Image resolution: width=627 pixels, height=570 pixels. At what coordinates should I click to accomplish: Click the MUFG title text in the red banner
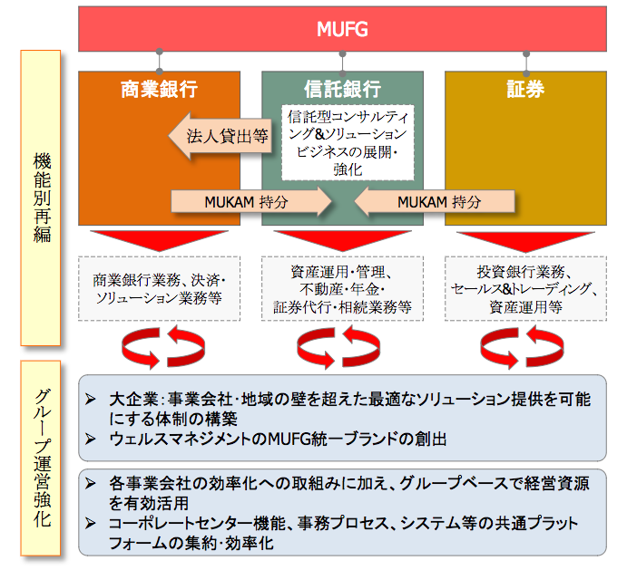tap(342, 29)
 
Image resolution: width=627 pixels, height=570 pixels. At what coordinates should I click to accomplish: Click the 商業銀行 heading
tap(159, 89)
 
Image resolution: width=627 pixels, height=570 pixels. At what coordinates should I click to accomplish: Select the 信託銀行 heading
tap(342, 89)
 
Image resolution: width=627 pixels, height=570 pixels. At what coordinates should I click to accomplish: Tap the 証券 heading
tap(525, 89)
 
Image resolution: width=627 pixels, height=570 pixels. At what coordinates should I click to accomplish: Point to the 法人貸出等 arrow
tap(220, 136)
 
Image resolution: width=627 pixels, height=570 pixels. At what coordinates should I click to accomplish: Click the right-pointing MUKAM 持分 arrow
tap(251, 201)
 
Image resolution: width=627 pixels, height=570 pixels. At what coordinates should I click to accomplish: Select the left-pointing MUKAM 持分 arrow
tap(435, 201)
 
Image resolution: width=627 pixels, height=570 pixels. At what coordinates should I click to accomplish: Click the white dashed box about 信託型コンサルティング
tap(348, 142)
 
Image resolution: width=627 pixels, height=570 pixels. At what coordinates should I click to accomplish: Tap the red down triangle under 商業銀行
tap(159, 240)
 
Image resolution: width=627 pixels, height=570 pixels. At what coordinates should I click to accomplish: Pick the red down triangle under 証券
tap(525, 241)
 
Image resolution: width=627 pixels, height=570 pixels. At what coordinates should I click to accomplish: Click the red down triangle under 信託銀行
tap(342, 240)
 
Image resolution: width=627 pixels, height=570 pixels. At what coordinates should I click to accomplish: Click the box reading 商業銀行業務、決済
tap(159, 288)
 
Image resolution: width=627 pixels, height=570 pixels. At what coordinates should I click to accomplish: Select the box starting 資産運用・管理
tap(342, 288)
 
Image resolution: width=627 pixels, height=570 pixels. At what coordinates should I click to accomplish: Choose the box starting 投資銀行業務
tap(525, 288)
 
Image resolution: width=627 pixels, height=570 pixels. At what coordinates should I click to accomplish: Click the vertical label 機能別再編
tap(41, 198)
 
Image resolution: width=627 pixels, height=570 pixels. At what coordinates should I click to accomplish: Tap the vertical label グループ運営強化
tap(41, 459)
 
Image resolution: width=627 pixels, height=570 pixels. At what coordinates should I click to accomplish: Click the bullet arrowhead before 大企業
tap(91, 399)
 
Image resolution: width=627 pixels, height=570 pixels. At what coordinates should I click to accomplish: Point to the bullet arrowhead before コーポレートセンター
tap(91, 523)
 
